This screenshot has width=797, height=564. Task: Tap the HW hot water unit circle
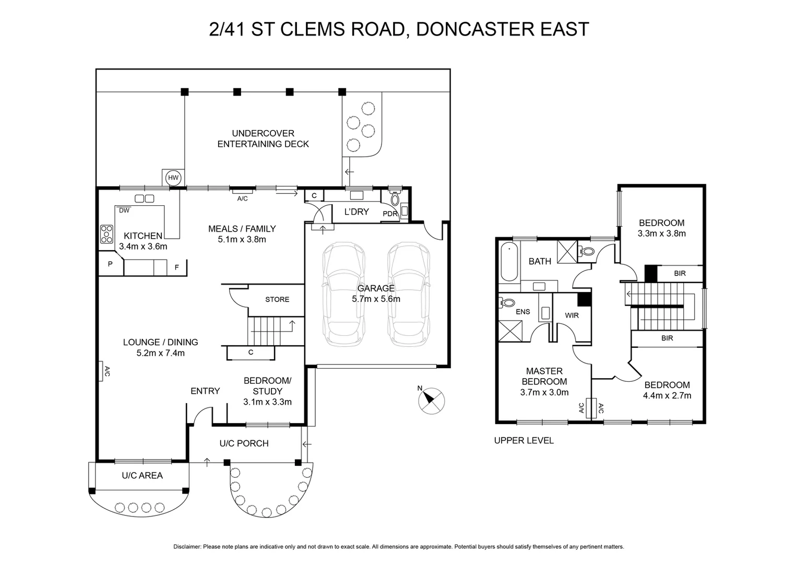(x=173, y=178)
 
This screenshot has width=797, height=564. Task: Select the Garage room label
(x=376, y=288)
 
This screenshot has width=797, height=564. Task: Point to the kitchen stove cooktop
(x=106, y=233)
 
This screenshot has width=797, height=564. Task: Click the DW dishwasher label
(x=124, y=210)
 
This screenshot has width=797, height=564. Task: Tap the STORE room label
(x=277, y=299)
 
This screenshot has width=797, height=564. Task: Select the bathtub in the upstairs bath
(x=508, y=262)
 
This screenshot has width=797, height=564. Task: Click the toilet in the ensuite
(x=507, y=302)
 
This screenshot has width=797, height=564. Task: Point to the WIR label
(x=572, y=315)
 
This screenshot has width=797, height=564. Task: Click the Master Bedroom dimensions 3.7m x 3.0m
(x=544, y=392)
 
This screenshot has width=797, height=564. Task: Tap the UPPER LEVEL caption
(x=524, y=440)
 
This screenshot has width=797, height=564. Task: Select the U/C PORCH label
(x=244, y=443)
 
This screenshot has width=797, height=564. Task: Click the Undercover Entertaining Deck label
(x=263, y=138)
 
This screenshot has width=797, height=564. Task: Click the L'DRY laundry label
(x=356, y=211)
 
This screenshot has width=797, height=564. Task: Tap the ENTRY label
(x=205, y=391)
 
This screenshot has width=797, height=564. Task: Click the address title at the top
(x=399, y=29)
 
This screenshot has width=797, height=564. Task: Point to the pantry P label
(x=110, y=264)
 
